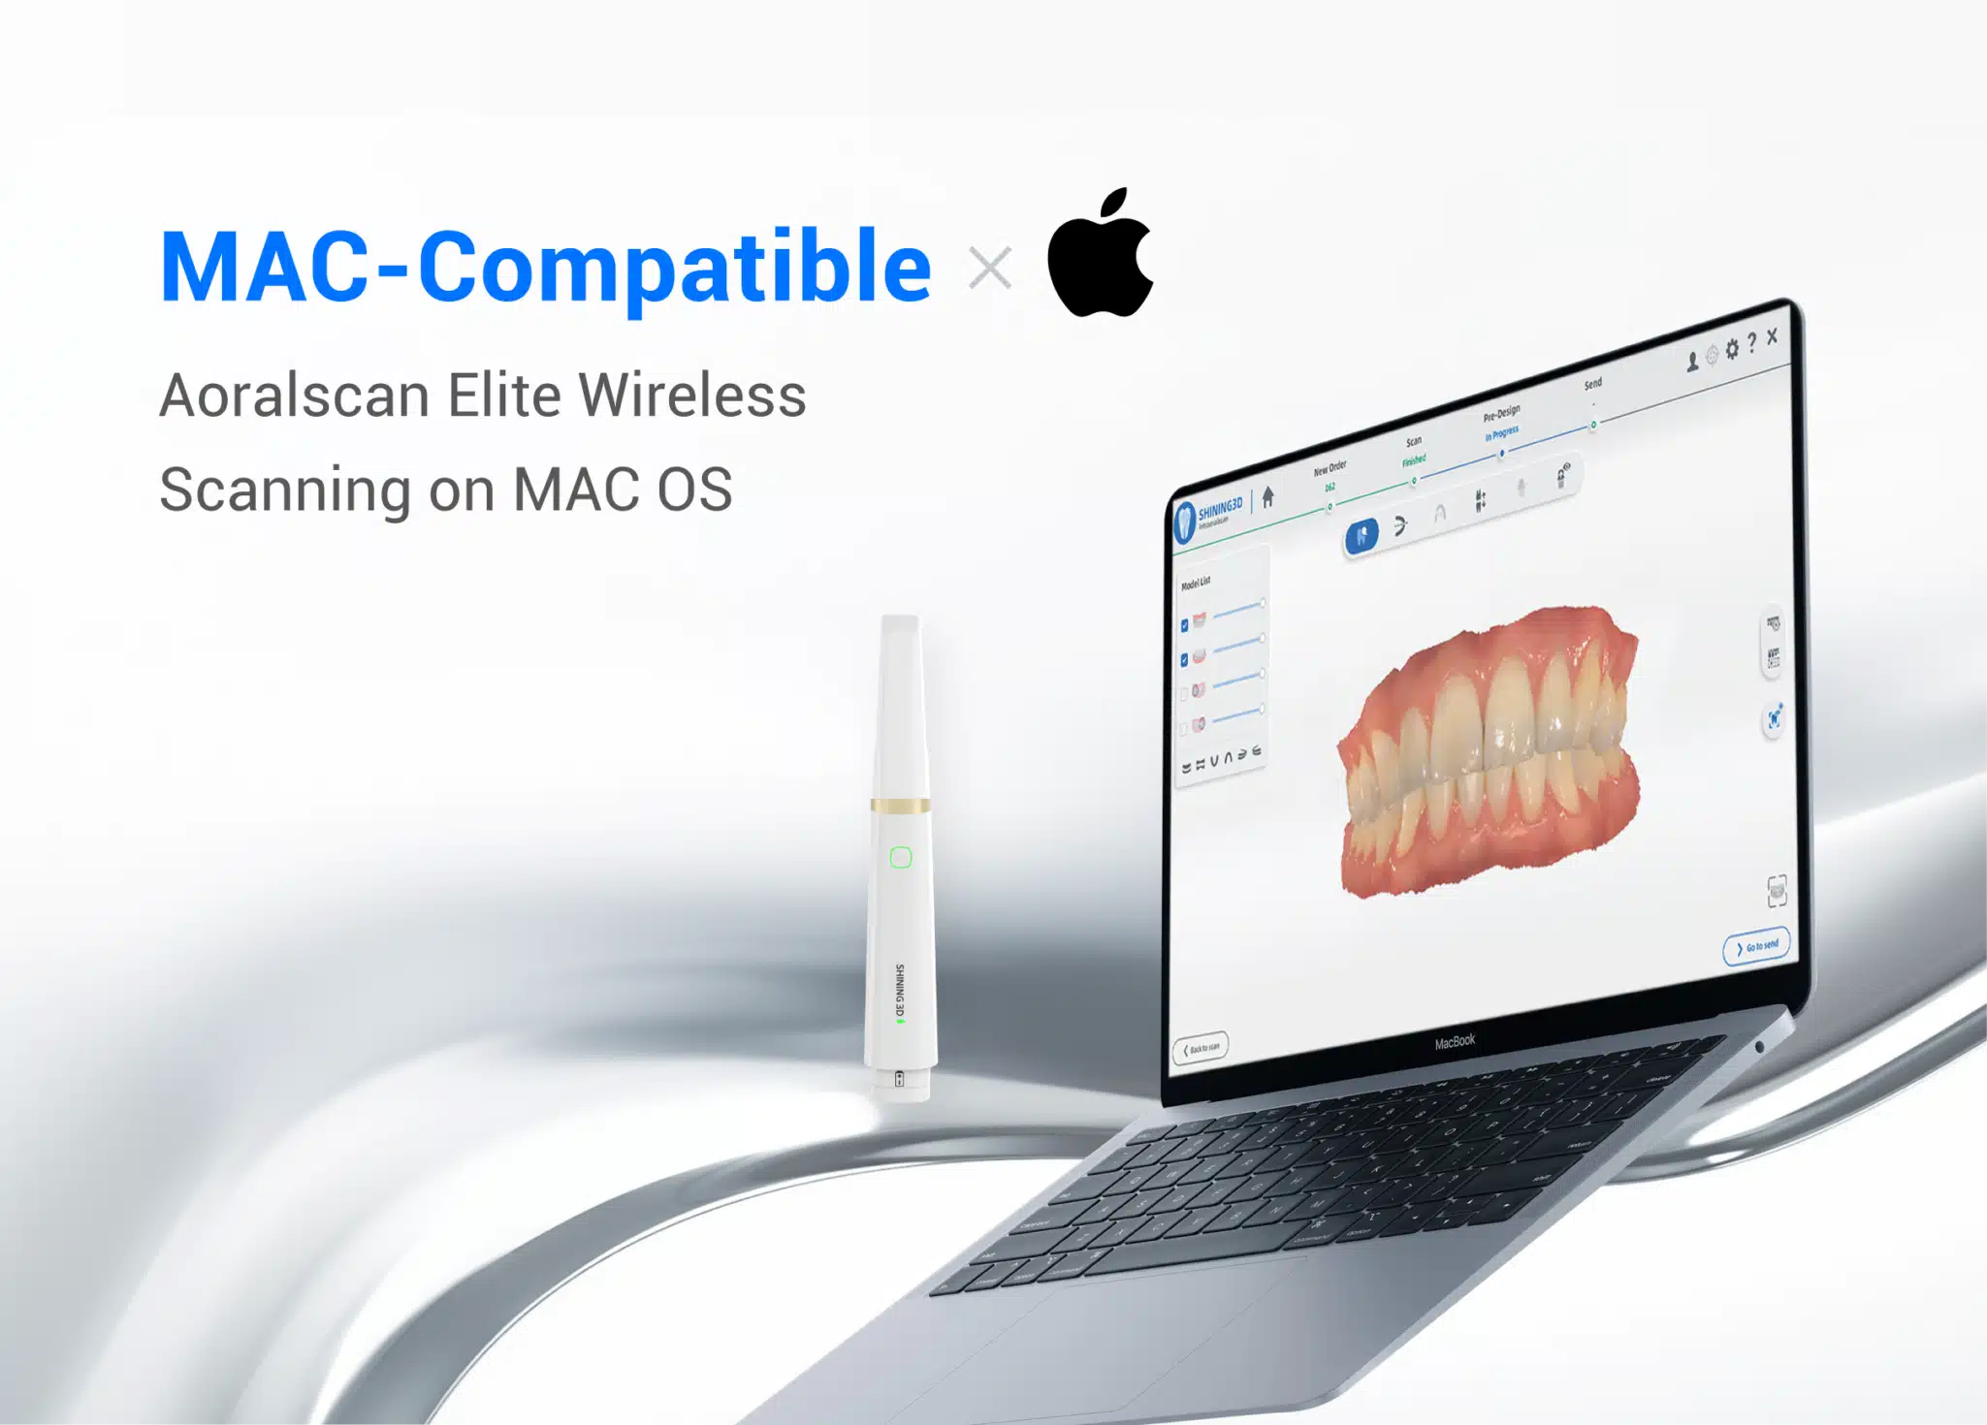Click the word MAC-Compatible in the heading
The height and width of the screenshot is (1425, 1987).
(545, 267)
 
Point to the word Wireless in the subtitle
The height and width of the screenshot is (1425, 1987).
(691, 396)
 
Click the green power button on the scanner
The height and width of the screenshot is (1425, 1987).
(901, 857)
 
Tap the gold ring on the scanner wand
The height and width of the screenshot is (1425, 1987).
(901, 805)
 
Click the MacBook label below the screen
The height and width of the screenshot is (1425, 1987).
(1455, 1041)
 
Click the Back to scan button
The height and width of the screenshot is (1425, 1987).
(1201, 1048)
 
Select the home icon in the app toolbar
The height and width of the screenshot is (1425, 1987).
(1267, 497)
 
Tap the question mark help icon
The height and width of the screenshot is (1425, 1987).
(1751, 343)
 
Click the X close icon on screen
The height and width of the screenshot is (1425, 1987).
(1773, 336)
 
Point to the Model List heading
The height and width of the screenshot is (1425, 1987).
(1196, 583)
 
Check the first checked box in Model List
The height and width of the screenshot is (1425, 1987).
(1184, 625)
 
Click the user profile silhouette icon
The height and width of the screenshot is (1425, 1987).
(1692, 361)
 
